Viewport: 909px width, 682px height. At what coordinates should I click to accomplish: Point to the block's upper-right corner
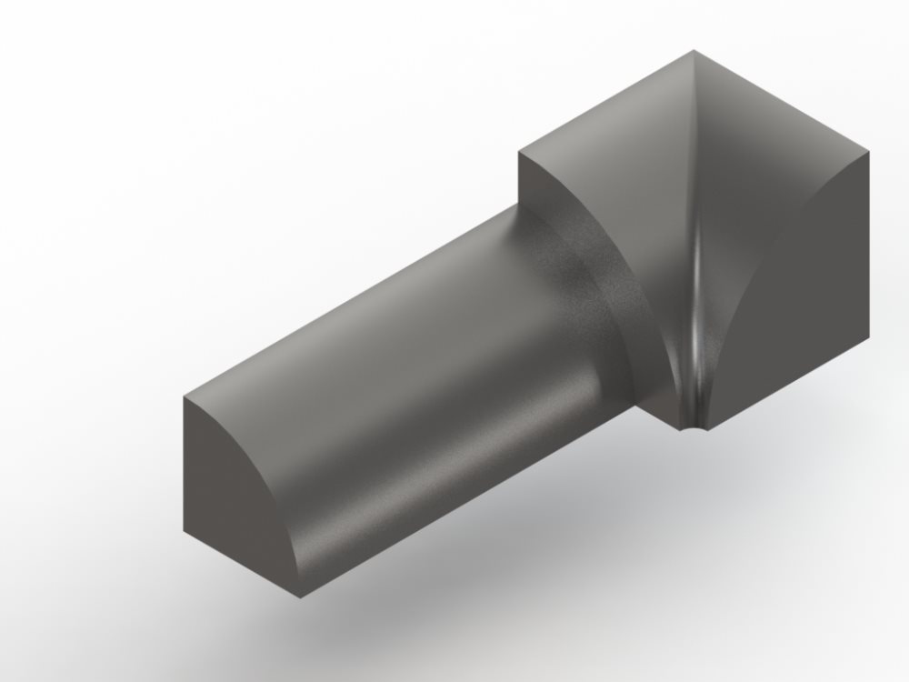pos(869,151)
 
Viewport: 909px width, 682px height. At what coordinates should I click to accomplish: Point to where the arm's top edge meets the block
pos(519,207)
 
